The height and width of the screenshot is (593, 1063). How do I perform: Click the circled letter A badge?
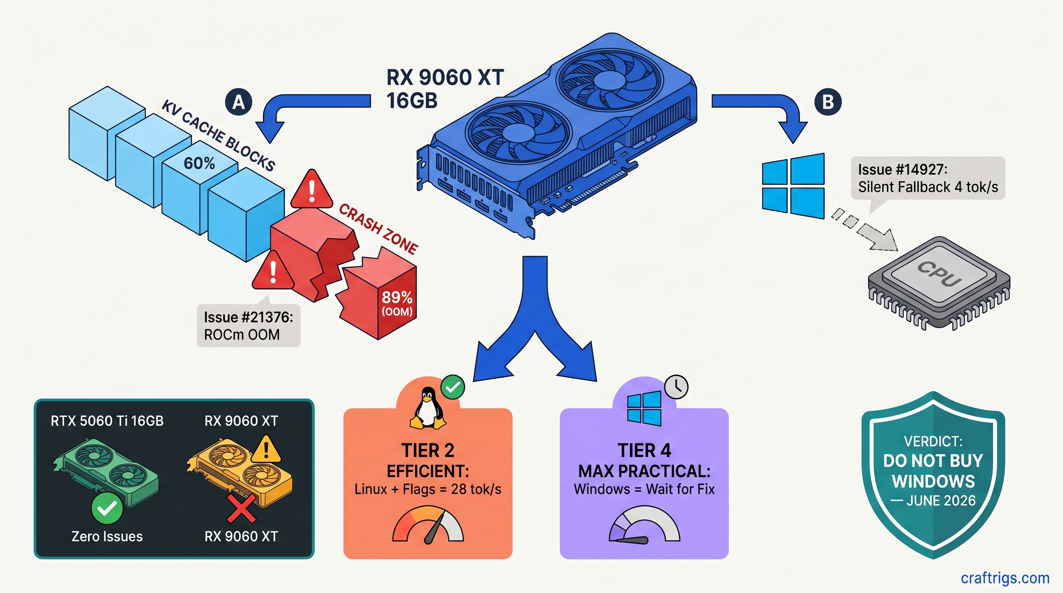pyautogui.click(x=238, y=102)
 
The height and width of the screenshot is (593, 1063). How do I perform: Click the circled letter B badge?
pyautogui.click(x=828, y=102)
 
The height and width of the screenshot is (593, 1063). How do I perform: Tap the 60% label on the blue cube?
pyautogui.click(x=199, y=164)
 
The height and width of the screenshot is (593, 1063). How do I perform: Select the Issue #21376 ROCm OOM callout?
pyautogui.click(x=248, y=326)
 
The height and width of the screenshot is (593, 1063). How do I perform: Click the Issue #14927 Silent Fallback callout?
pyautogui.click(x=928, y=178)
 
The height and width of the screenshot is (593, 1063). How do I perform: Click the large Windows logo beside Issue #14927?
pyautogui.click(x=793, y=186)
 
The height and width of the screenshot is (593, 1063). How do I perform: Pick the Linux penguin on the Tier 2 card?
pyautogui.click(x=428, y=408)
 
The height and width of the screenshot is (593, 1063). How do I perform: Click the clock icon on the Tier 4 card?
pyautogui.click(x=676, y=387)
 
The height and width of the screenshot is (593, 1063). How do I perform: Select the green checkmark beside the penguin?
pyautogui.click(x=453, y=387)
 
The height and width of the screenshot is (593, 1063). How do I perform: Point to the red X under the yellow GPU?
pyautogui.click(x=241, y=508)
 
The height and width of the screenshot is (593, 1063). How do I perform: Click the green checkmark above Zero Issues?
pyautogui.click(x=107, y=508)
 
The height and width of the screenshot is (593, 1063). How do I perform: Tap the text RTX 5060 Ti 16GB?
pyautogui.click(x=107, y=421)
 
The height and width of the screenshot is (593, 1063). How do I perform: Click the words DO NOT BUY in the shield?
pyautogui.click(x=933, y=461)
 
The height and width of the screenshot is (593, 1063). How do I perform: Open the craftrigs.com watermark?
pyautogui.click(x=1005, y=578)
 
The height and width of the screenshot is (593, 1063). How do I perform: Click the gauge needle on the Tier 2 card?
pyautogui.click(x=434, y=529)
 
